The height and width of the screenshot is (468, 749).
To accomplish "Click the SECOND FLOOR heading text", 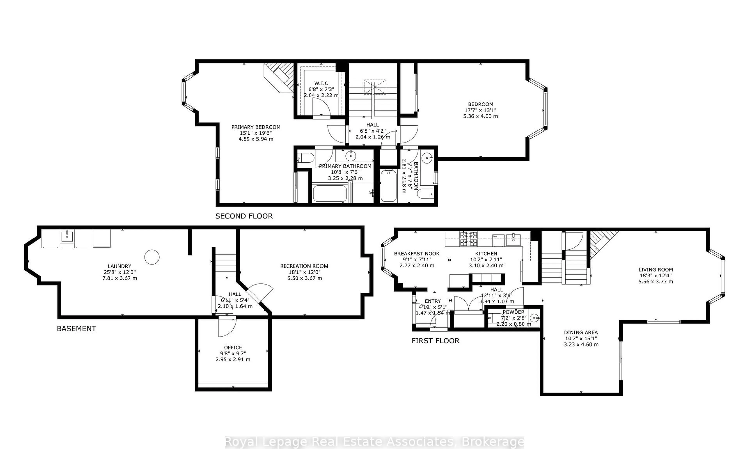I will (x=244, y=216).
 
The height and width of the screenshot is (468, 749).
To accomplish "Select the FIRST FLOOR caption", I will (x=435, y=341).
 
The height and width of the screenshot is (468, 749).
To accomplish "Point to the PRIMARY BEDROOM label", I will (x=256, y=127).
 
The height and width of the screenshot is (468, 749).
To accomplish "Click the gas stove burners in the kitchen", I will (x=468, y=239).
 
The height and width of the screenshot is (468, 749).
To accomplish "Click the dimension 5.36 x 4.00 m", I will (x=480, y=116).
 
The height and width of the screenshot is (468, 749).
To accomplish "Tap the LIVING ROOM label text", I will (x=655, y=270).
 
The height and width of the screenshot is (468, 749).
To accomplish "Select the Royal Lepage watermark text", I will (x=374, y=442).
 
